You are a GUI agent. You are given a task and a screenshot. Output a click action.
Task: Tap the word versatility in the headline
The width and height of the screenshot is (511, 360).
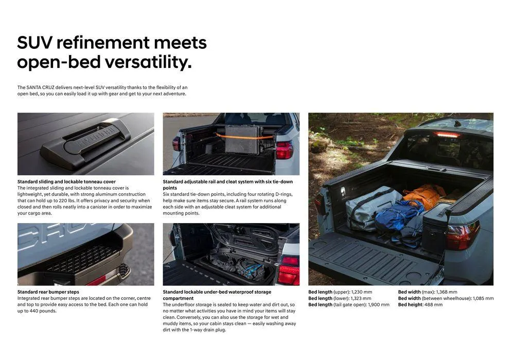[148, 62]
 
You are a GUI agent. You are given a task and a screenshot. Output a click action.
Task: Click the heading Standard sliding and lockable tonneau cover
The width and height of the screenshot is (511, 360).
[66, 182]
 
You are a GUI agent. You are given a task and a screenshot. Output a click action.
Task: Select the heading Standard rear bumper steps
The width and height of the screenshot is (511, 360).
[48, 292]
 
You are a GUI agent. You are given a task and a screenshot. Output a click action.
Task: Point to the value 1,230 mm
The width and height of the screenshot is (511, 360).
[361, 292]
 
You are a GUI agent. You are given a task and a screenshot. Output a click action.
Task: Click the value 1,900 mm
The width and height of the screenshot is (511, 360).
[379, 304]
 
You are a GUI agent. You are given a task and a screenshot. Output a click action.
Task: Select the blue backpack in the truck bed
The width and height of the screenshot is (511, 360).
[398, 215]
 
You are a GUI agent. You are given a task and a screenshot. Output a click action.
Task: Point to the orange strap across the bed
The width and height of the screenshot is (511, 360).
[244, 137]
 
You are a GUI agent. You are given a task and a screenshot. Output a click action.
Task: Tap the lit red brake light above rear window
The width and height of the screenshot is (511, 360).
[446, 135]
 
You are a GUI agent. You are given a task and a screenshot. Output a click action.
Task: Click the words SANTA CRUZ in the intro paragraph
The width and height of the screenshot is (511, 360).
[40, 87]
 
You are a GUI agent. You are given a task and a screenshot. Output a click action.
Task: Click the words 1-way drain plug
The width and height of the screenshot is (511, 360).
[208, 330]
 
